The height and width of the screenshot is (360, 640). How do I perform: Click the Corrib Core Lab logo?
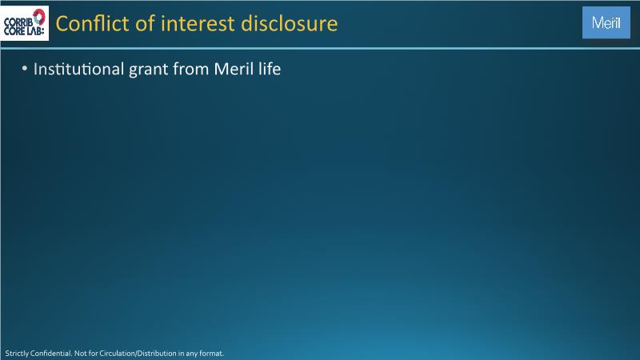(25, 23)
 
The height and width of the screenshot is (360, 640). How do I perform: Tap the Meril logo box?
(606, 22)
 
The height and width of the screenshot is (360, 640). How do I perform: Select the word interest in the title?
(198, 24)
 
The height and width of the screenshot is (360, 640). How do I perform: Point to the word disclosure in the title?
(290, 23)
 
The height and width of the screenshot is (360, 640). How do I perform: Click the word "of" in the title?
(146, 23)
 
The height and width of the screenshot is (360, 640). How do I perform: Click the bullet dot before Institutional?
(25, 69)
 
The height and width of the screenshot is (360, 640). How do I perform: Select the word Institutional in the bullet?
(78, 69)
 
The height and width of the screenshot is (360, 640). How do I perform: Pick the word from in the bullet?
(191, 69)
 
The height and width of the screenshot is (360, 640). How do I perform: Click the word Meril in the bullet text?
(234, 69)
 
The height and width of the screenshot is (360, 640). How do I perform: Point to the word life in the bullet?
(270, 69)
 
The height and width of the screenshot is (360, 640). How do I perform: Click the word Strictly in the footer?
(17, 354)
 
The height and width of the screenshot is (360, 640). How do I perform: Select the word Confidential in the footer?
(51, 354)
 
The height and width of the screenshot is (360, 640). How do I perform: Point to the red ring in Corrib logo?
(38, 17)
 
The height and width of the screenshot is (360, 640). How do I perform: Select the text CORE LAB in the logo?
(24, 31)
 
